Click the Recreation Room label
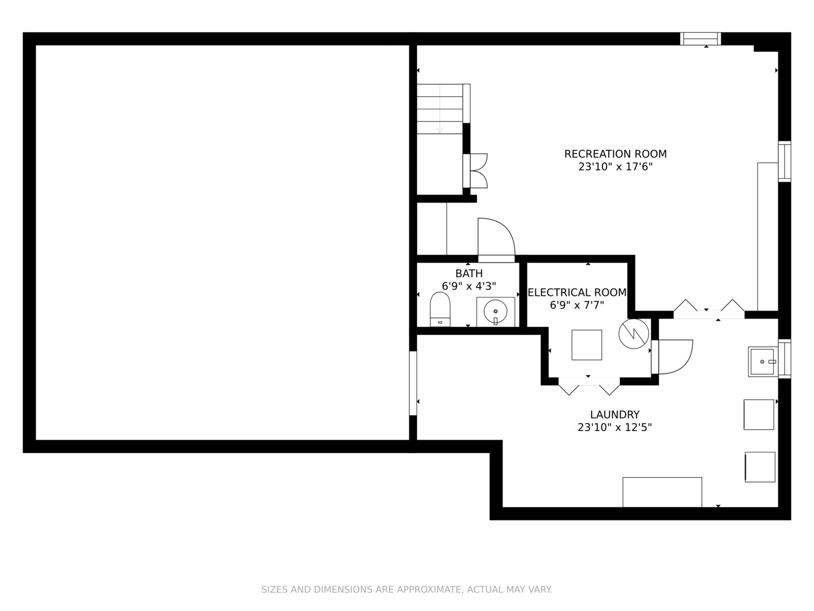(x=615, y=154)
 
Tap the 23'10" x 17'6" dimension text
(x=615, y=167)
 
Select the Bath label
(x=469, y=273)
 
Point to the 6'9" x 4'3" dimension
(x=469, y=286)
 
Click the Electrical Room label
(x=577, y=292)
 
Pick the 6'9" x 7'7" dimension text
(x=577, y=305)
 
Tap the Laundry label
(x=615, y=414)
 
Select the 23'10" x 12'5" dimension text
(x=615, y=427)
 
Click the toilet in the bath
(x=440, y=309)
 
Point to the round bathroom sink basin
(x=495, y=312)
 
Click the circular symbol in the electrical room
(x=634, y=334)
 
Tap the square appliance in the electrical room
(x=587, y=345)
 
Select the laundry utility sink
(x=763, y=362)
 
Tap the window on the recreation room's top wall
(x=700, y=38)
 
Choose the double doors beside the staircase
(x=476, y=171)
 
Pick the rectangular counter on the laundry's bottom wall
(x=663, y=492)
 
